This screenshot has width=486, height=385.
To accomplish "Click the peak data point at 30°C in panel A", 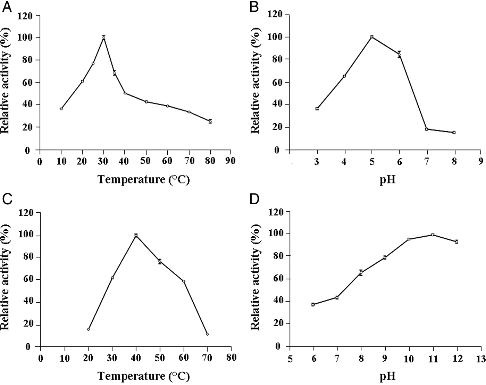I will click(x=103, y=38).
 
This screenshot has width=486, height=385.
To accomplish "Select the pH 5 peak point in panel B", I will click(x=372, y=37).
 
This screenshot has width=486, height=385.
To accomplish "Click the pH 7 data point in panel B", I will click(x=427, y=129).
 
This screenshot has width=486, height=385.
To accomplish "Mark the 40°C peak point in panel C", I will click(x=136, y=236).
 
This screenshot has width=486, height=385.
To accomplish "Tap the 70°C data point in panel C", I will click(x=207, y=334).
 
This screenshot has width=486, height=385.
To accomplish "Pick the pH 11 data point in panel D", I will click(x=433, y=235).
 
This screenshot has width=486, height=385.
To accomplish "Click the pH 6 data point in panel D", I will click(x=313, y=304).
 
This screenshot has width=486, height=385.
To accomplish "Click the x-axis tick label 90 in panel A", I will click(x=231, y=161).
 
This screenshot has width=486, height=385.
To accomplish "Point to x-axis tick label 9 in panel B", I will click(x=481, y=161).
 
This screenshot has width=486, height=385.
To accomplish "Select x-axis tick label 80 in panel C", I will click(x=231, y=358).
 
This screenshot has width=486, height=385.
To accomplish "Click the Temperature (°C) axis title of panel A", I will click(x=144, y=180).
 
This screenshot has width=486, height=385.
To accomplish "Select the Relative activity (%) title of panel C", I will click(x=6, y=280).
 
